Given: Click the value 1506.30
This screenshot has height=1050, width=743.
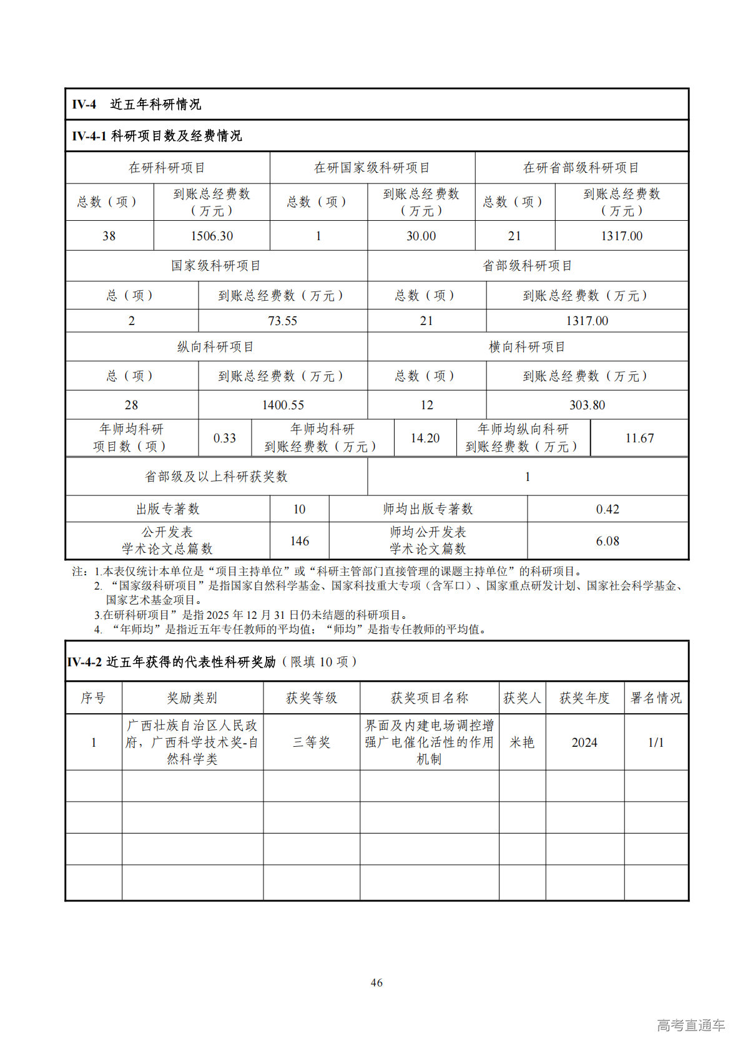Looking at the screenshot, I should pos(212,236).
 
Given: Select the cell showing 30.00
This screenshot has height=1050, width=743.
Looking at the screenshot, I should pos(421,236).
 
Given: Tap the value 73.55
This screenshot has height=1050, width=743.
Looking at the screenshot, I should pos(282,321).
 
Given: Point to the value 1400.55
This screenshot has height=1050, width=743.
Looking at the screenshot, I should pos(282,405).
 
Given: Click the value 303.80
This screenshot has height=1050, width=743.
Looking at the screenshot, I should pos(587,405).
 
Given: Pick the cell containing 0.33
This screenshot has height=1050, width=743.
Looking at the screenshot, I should pos(225,438).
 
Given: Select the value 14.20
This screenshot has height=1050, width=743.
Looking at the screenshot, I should pos(425,438).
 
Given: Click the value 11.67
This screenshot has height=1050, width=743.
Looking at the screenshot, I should pos(639,438).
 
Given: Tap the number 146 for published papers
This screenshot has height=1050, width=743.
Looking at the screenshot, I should pos(300,541).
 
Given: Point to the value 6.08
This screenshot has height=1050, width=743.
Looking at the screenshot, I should pos(608,541).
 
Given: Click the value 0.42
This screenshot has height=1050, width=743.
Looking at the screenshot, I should pos(608,509).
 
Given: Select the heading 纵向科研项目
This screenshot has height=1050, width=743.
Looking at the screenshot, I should pos(215,347).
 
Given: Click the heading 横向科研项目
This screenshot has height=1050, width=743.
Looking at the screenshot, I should pos(527,347).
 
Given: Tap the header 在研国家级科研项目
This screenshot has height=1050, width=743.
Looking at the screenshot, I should pos(372,168).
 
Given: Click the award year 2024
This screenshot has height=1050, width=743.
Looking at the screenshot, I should pos(584,742).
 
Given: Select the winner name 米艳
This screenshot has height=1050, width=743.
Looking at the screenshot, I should pos(522,742).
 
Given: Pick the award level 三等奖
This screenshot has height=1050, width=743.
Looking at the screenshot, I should pos(312,742).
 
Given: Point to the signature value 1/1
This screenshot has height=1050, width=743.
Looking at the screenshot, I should pos(656,742).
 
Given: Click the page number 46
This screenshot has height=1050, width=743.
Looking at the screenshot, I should pos(376,983).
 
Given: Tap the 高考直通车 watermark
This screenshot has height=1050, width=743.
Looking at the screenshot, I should pos(691,1025).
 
